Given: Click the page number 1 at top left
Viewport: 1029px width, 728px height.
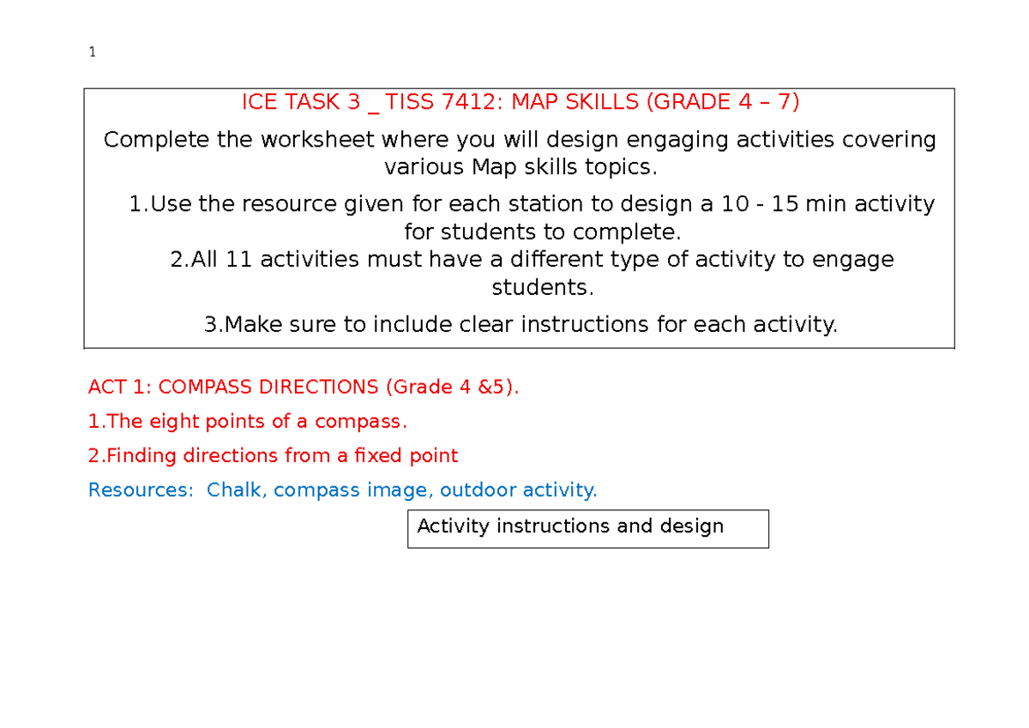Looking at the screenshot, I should point(92,53).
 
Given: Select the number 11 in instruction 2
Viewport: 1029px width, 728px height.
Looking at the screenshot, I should point(239,259).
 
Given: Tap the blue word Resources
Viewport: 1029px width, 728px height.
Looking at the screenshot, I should point(141,490).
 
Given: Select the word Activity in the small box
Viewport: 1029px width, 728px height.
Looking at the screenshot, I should point(453,526).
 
